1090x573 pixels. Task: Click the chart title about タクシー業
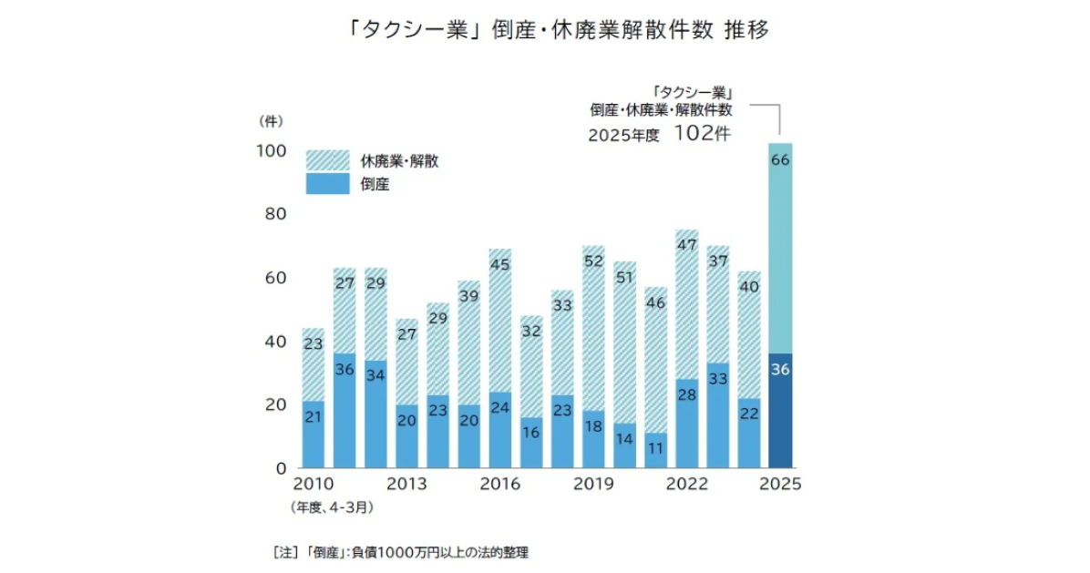pos(545,31)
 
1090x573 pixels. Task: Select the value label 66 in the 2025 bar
pos(780,160)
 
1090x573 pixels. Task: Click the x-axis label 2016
pos(500,485)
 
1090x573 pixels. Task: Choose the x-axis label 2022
pos(687,485)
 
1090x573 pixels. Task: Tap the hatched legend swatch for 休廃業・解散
pos(327,160)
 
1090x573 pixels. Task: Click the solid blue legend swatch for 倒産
pos(327,183)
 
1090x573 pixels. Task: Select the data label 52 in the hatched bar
pos(593,261)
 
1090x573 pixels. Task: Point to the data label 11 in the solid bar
pos(656,449)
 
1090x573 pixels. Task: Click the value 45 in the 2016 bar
pos(500,265)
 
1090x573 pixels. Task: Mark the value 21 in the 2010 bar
pos(314,418)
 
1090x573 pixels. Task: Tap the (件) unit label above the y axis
pos(271,120)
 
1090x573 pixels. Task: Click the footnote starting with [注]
pos(400,551)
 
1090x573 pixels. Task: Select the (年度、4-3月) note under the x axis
pos(332,505)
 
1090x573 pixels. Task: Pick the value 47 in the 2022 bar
pos(687,245)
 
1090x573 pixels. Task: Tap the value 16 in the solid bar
pos(531,434)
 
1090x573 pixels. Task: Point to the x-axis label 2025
pos(780,485)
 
